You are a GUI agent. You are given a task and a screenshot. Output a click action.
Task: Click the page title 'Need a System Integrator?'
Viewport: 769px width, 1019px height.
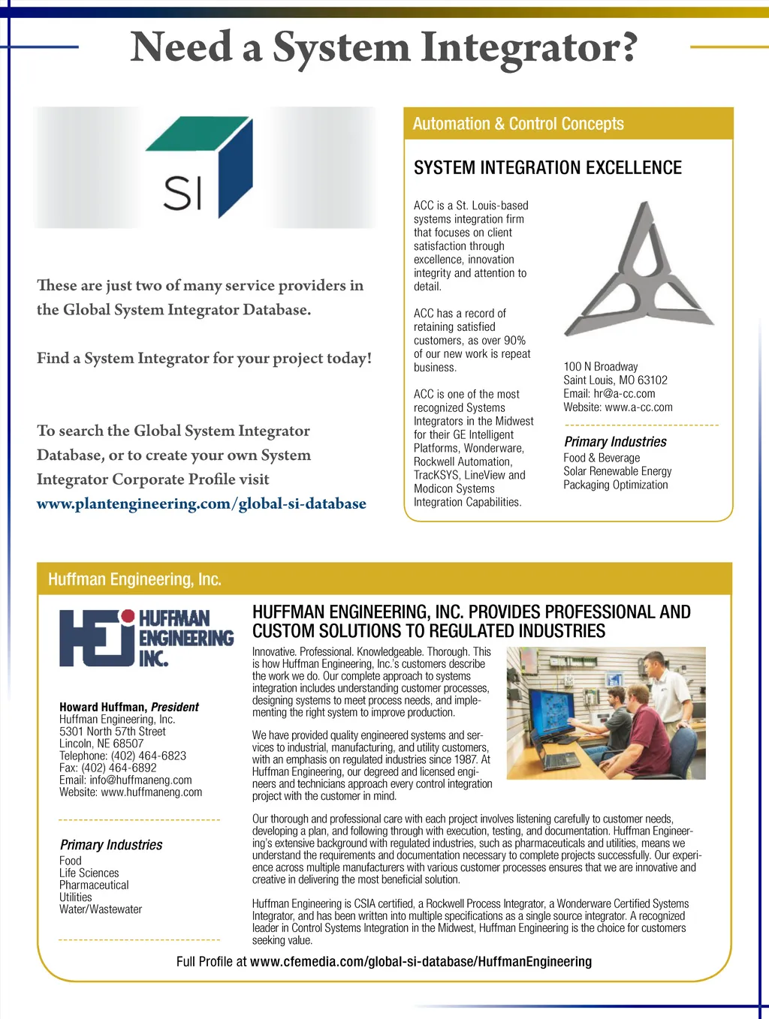(384, 48)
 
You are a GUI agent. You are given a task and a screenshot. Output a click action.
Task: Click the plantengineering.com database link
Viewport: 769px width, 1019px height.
(201, 503)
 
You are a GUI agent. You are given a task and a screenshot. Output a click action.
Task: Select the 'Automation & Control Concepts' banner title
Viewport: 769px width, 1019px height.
(518, 124)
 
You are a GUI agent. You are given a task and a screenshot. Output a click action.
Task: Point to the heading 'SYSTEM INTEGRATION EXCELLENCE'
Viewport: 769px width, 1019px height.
(547, 168)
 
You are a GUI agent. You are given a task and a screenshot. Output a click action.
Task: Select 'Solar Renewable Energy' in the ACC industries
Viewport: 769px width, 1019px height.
(617, 471)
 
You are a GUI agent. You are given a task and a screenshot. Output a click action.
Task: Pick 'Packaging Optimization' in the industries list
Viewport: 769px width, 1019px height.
(615, 485)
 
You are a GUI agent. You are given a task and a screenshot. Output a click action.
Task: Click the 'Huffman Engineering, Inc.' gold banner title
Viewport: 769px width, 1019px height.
(134, 579)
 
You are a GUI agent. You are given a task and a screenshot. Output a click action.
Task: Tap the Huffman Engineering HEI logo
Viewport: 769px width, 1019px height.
(146, 638)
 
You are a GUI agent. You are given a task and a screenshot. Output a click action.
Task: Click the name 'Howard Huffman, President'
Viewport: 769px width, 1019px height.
(129, 707)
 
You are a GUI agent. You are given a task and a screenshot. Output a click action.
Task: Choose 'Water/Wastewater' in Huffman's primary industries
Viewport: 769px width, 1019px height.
(101, 909)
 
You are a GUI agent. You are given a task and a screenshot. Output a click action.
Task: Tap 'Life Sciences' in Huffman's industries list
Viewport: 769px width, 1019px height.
(89, 873)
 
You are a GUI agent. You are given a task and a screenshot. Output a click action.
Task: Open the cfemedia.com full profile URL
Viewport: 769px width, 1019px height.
(421, 962)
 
